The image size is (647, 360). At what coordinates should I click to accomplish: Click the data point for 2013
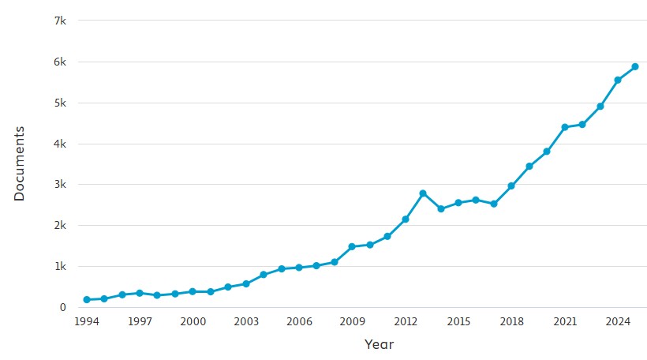tap(423, 193)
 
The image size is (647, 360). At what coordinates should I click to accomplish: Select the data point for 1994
tap(86, 300)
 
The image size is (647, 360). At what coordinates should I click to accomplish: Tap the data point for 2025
tap(635, 67)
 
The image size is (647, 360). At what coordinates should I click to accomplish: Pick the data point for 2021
tap(565, 127)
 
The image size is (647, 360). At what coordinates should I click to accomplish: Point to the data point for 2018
tap(511, 186)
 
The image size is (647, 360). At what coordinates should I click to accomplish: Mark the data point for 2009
tap(352, 247)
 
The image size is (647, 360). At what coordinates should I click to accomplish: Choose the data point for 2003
tap(246, 283)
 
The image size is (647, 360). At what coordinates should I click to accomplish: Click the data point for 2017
tap(494, 204)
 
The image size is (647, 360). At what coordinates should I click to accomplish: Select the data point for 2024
tap(618, 80)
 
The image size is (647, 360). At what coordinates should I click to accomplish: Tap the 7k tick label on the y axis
tap(60, 21)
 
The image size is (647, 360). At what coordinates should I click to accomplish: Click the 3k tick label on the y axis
tap(60, 185)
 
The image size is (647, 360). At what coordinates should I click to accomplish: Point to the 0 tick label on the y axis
tap(62, 307)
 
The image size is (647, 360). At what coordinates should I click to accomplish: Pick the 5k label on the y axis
tap(60, 103)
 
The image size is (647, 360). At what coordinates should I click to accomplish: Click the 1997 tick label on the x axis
tap(140, 322)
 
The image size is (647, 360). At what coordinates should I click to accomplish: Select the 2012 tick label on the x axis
tap(406, 322)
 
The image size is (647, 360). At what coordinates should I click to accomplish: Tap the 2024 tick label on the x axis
tap(618, 322)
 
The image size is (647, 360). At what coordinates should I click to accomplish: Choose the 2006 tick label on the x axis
tap(299, 322)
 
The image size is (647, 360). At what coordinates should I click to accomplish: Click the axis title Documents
tap(20, 163)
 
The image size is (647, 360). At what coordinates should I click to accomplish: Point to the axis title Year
tap(379, 345)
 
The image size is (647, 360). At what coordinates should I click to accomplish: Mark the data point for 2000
tap(193, 291)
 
